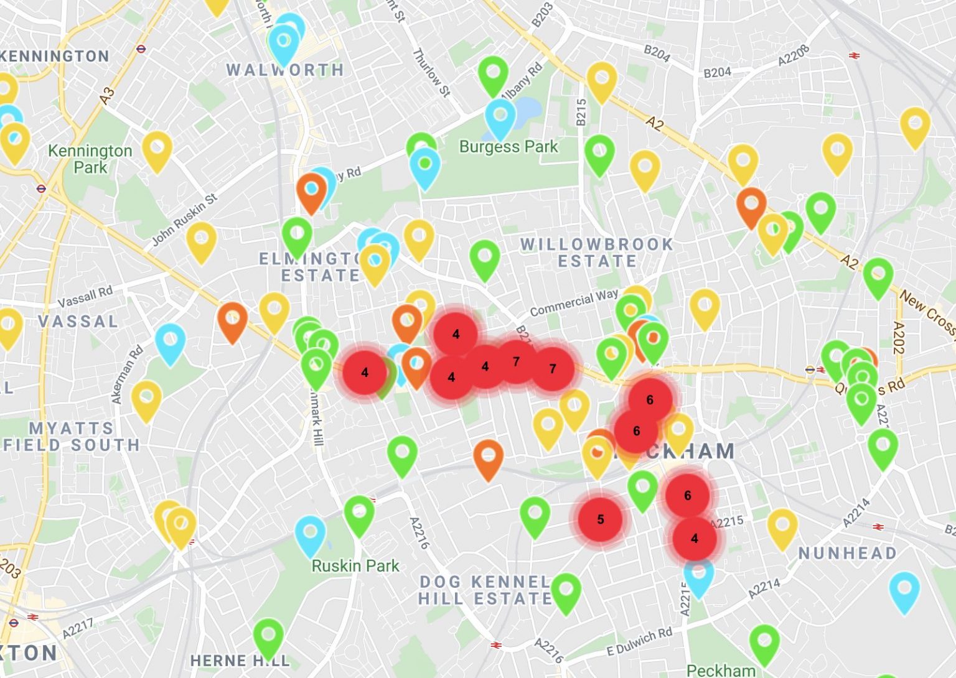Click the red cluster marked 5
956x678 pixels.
(600, 519)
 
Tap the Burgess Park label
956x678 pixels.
(508, 147)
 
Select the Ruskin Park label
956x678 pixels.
(355, 566)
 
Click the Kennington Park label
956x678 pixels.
(90, 159)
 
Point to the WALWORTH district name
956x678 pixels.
(285, 70)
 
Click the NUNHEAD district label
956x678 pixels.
(848, 553)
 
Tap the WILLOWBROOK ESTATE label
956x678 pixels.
(597, 253)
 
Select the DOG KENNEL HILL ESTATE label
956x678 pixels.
(485, 590)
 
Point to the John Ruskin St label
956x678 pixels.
(185, 219)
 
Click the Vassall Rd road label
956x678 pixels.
(85, 297)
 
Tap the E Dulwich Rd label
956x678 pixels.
(639, 642)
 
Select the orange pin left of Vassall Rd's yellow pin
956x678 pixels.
(232, 320)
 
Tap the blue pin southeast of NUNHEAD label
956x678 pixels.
(904, 590)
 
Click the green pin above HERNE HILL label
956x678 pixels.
(268, 636)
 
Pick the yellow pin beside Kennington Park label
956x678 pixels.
(157, 149)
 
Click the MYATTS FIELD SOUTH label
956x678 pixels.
(72, 436)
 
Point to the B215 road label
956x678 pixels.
(581, 113)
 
